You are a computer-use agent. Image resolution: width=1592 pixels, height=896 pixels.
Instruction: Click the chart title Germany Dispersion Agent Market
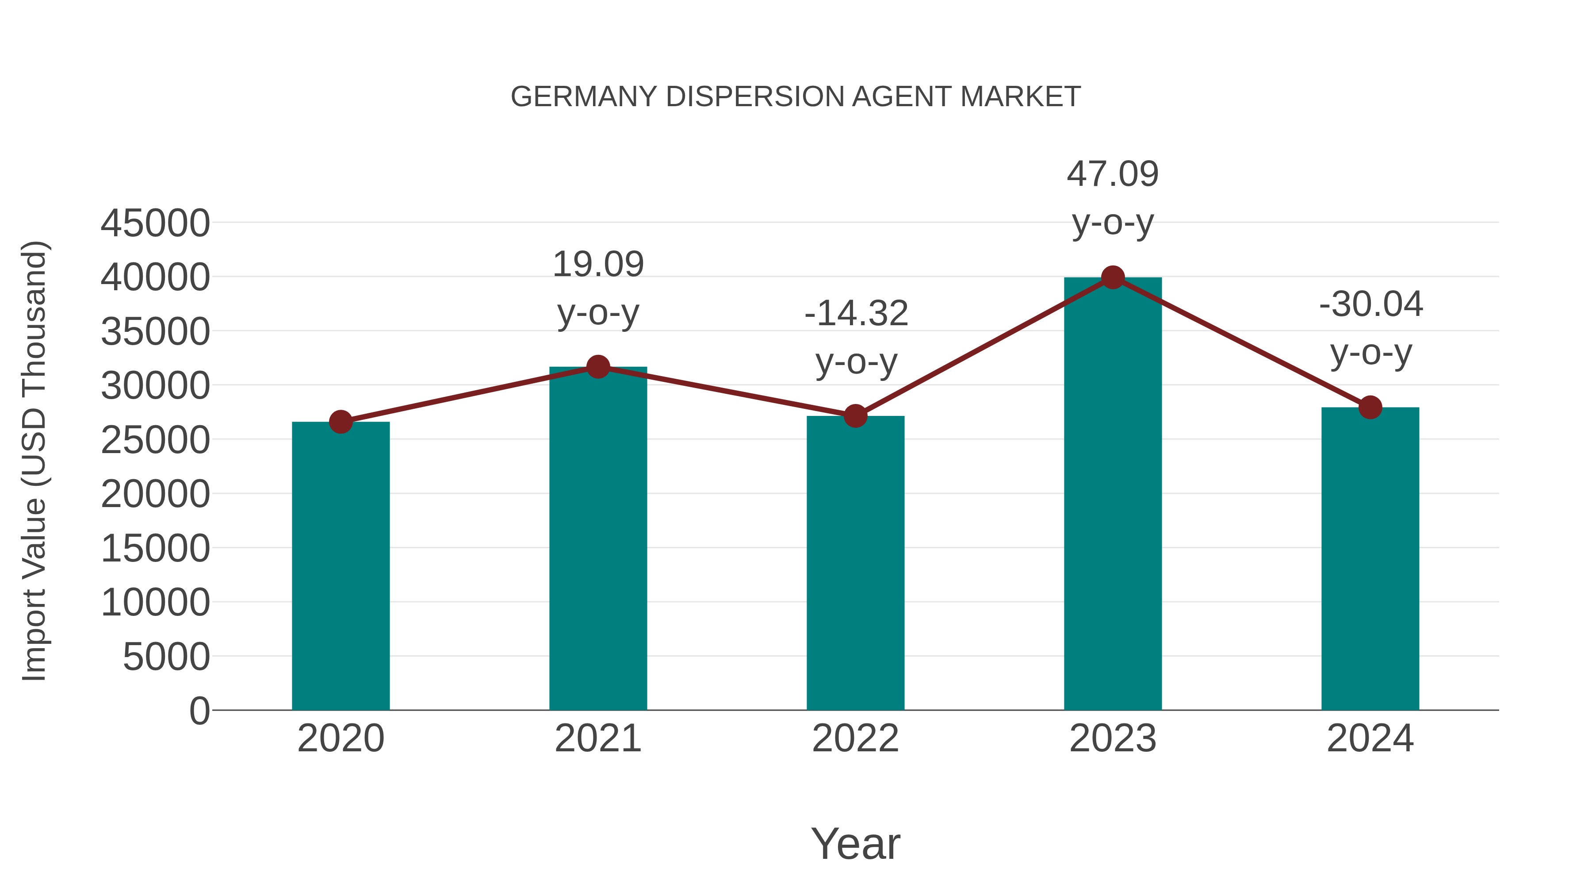pyautogui.click(x=796, y=97)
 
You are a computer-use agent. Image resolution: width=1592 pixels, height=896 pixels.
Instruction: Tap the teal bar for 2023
pyautogui.click(x=1113, y=495)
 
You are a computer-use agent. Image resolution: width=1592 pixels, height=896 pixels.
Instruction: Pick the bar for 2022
pyautogui.click(x=855, y=563)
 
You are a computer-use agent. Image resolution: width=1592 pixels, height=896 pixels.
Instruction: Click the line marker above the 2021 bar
pyautogui.click(x=597, y=367)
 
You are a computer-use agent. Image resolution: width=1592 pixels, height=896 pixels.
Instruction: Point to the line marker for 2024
pyautogui.click(x=1370, y=408)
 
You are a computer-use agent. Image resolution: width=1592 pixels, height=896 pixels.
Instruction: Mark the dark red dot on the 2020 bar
pyautogui.click(x=341, y=423)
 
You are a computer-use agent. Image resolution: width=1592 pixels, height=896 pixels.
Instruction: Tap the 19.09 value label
pyautogui.click(x=597, y=265)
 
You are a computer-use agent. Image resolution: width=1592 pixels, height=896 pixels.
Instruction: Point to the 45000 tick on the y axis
pyautogui.click(x=155, y=223)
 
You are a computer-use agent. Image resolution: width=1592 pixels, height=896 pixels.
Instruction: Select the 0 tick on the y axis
pyautogui.click(x=199, y=711)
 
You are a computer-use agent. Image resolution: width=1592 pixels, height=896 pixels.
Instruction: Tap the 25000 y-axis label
pyautogui.click(x=155, y=440)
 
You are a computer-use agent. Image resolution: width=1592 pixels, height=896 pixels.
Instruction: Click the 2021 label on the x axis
pyautogui.click(x=597, y=738)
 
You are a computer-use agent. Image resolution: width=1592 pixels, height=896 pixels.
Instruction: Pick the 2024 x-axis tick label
pyautogui.click(x=1370, y=738)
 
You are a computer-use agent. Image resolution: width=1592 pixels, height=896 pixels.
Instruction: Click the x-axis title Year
pyautogui.click(x=855, y=843)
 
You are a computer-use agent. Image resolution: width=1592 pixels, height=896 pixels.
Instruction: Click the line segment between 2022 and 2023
pyautogui.click(x=984, y=347)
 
